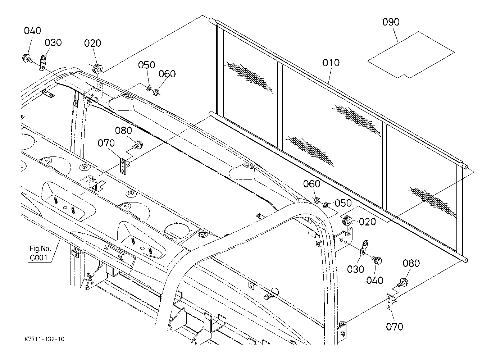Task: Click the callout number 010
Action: (331, 63)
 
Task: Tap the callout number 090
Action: (391, 22)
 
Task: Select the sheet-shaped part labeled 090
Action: (411, 55)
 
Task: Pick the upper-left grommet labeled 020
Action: (97, 68)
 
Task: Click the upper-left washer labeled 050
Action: (149, 88)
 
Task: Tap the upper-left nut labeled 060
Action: (156, 92)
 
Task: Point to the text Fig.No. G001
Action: (40, 253)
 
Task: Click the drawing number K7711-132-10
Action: (44, 339)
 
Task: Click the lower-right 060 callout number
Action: (311, 184)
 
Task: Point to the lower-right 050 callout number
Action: (343, 203)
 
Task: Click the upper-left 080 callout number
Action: (124, 131)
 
